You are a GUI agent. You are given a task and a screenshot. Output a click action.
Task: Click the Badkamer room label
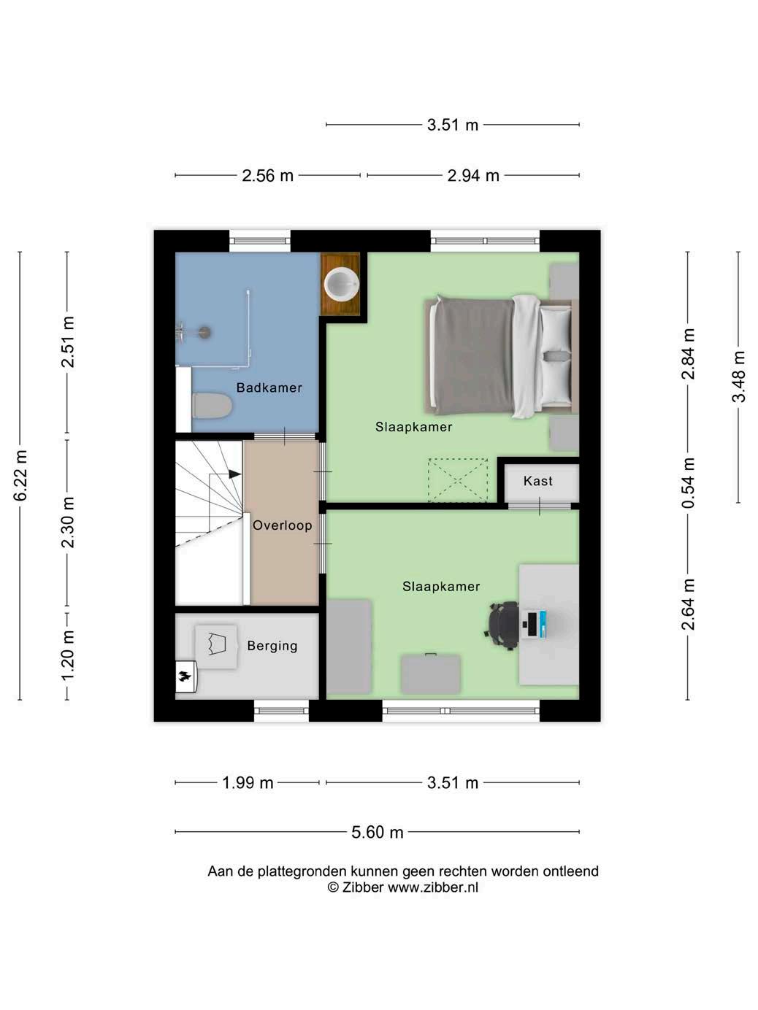(x=269, y=388)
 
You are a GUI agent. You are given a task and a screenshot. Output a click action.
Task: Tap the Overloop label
(x=282, y=525)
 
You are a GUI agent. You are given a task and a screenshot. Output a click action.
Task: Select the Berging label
(x=272, y=646)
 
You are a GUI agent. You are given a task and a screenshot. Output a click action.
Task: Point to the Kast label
(x=538, y=481)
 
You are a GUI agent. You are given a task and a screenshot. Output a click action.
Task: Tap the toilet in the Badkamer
(x=212, y=406)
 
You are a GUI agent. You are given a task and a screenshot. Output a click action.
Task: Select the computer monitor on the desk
(x=533, y=625)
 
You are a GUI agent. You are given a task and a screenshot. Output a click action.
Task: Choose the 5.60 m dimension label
(x=378, y=832)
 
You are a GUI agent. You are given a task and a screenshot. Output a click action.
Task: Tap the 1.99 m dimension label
(x=248, y=782)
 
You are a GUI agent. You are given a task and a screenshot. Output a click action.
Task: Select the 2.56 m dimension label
(x=268, y=175)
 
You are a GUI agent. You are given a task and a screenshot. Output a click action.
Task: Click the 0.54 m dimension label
(x=688, y=482)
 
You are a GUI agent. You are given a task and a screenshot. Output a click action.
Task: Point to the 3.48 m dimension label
(x=739, y=377)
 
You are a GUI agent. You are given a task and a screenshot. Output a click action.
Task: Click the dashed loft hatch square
(x=458, y=480)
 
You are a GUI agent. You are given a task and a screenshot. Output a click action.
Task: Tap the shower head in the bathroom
(x=204, y=332)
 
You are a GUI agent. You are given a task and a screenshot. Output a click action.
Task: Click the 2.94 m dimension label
(x=474, y=175)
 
